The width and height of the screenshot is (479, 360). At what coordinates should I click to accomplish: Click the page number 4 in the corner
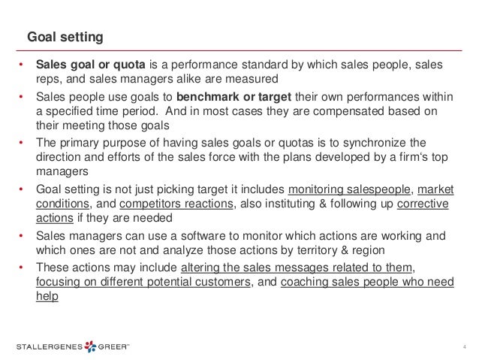464,346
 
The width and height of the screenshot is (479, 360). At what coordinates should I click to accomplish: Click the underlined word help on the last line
47,295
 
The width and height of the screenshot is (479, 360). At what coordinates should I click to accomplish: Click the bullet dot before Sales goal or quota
22,64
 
